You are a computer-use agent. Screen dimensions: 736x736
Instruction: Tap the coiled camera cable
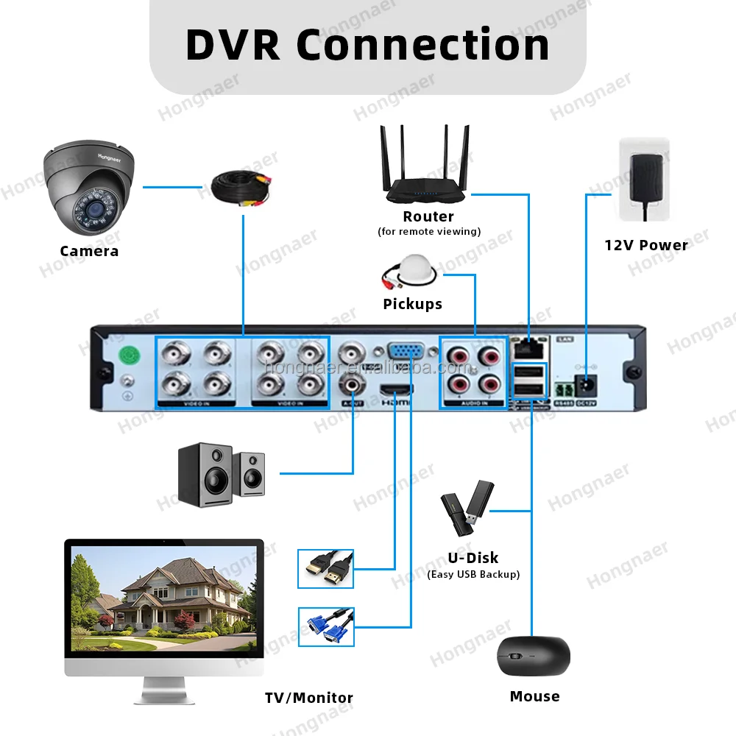[x=242, y=188]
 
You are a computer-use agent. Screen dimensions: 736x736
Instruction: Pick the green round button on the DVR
[x=130, y=355]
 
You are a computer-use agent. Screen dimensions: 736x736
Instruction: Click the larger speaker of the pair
[x=205, y=475]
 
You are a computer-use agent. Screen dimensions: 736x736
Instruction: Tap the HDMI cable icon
[x=325, y=568]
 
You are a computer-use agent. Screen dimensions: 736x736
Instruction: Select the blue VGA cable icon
[x=325, y=627]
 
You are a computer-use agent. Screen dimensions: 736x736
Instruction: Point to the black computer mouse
[x=534, y=655]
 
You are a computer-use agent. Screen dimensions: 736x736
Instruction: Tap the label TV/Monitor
[x=309, y=698]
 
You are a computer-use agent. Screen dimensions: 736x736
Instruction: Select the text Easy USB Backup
[x=473, y=574]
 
